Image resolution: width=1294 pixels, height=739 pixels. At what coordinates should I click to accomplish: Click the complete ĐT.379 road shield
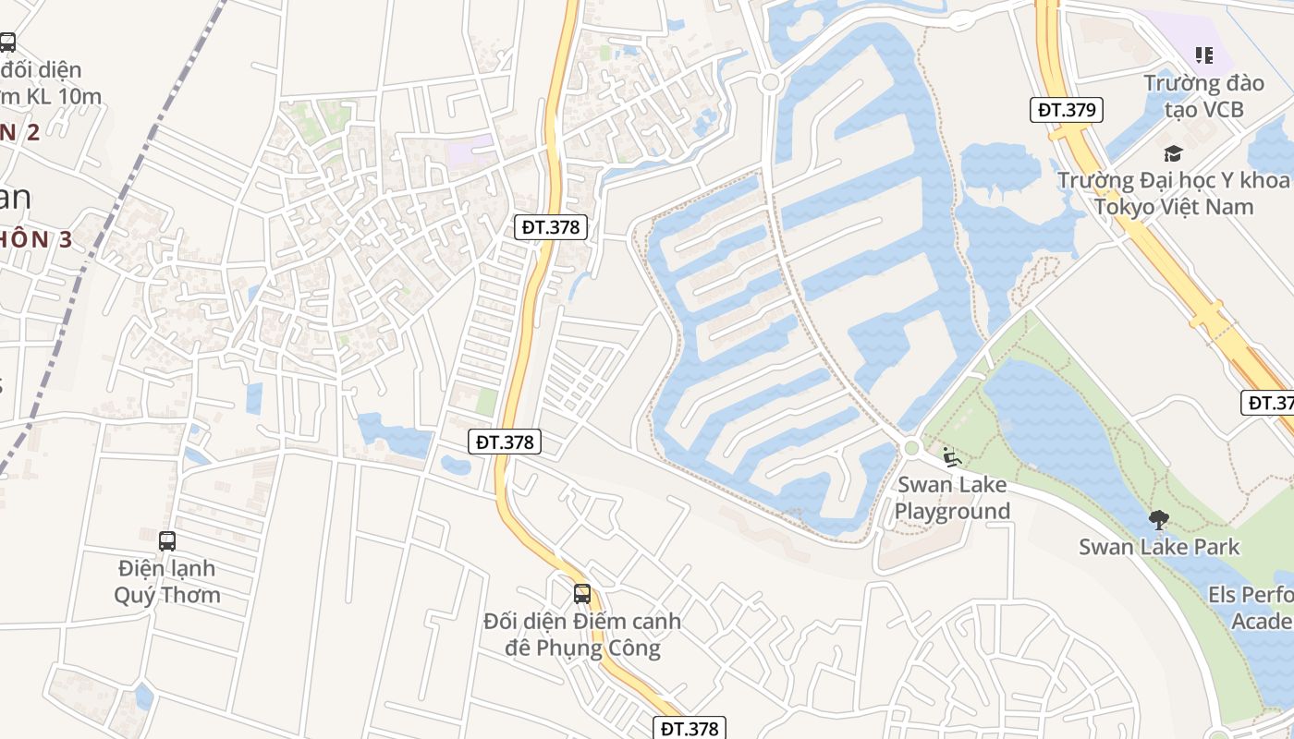pos(1067,110)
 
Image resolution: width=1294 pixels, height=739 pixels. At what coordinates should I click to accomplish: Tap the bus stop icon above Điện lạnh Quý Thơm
pos(167,541)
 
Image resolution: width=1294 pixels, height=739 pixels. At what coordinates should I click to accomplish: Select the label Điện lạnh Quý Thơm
pos(167,581)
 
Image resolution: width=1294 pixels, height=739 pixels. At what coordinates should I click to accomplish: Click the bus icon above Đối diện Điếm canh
pos(581,594)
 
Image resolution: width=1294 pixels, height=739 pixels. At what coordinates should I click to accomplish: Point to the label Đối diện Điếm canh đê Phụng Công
pos(582,635)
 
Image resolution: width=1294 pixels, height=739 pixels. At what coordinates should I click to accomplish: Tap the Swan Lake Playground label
pos(952,498)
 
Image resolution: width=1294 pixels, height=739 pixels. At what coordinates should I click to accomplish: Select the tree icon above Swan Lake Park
pos(1159,520)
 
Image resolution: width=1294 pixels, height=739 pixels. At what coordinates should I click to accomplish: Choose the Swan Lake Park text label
pos(1159,547)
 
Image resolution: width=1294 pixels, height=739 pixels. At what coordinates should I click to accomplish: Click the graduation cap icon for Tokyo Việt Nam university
pos(1173,153)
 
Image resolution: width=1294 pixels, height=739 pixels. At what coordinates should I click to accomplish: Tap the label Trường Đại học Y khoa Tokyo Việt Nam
pos(1173,192)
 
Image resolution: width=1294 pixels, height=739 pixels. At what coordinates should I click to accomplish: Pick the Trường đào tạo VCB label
pos(1203,96)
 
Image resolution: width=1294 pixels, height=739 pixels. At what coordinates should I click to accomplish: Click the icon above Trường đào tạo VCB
pos(1203,55)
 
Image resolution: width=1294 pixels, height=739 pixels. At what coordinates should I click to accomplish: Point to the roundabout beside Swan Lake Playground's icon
pos(912,449)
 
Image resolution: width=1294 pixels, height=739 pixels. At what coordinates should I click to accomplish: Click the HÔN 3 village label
pos(37,239)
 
